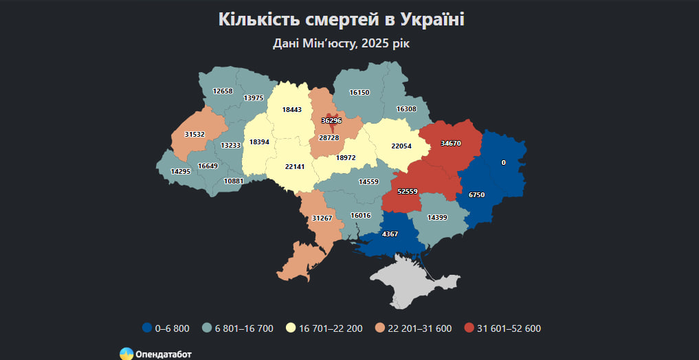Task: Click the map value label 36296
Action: [331, 121]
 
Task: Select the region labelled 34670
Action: [451, 144]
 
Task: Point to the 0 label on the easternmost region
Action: [504, 163]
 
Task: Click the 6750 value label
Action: [477, 195]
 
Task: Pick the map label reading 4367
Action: [390, 234]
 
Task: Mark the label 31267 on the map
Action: [322, 218]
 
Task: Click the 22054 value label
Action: [401, 146]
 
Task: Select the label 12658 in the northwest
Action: [223, 91]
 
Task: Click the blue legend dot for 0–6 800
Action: [146, 328]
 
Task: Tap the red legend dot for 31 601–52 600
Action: [469, 328]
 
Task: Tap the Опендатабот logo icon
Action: [126, 354]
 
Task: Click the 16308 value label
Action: [406, 109]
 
